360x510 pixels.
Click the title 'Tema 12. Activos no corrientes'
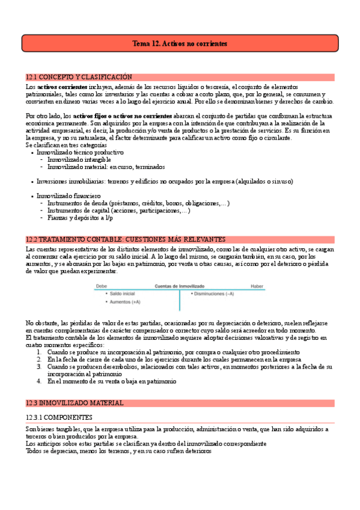point(180,44)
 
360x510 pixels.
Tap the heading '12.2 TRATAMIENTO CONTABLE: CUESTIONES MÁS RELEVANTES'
point(125,239)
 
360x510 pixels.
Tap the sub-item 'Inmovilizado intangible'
point(79,159)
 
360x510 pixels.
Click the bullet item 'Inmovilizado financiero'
point(69,196)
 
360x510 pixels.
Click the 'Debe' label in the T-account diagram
point(102,286)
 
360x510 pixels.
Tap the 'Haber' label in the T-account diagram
point(257,286)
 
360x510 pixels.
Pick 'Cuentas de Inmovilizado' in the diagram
point(180,286)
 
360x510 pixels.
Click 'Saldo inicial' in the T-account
point(123,293)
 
